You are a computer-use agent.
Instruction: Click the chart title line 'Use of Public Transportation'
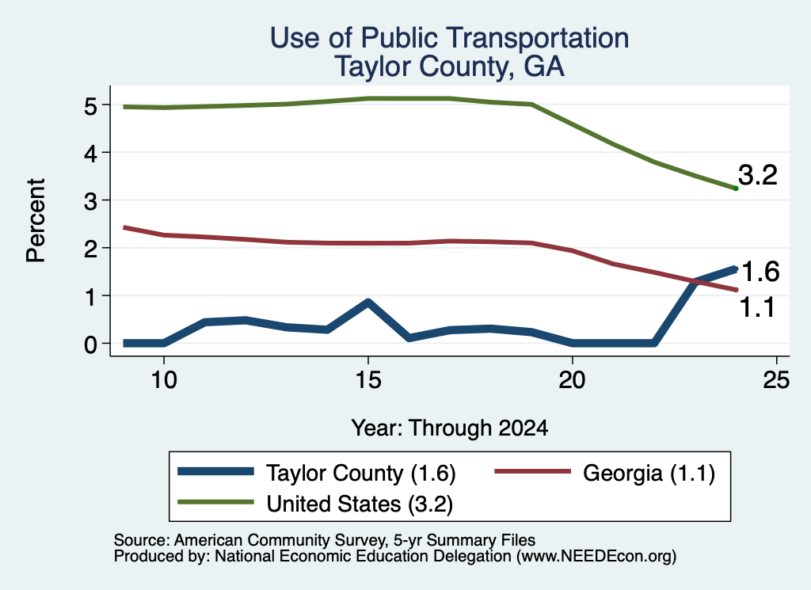click(450, 38)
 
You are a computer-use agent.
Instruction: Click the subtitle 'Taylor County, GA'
click(450, 67)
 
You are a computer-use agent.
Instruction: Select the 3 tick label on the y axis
click(91, 201)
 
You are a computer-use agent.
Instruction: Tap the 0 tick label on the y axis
click(91, 344)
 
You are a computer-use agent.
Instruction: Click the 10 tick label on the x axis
click(164, 380)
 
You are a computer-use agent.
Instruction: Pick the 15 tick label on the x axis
click(368, 380)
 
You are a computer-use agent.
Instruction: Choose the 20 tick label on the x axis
click(572, 380)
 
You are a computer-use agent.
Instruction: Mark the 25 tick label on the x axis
click(776, 380)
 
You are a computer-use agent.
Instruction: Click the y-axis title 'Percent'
click(36, 220)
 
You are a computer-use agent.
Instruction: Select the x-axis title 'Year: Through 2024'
click(450, 428)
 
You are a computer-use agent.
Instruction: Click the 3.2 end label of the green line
click(758, 175)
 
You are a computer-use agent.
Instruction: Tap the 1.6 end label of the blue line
click(760, 272)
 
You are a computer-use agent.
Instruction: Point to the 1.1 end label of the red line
click(758, 307)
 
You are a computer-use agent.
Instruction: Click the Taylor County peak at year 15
click(367, 303)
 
